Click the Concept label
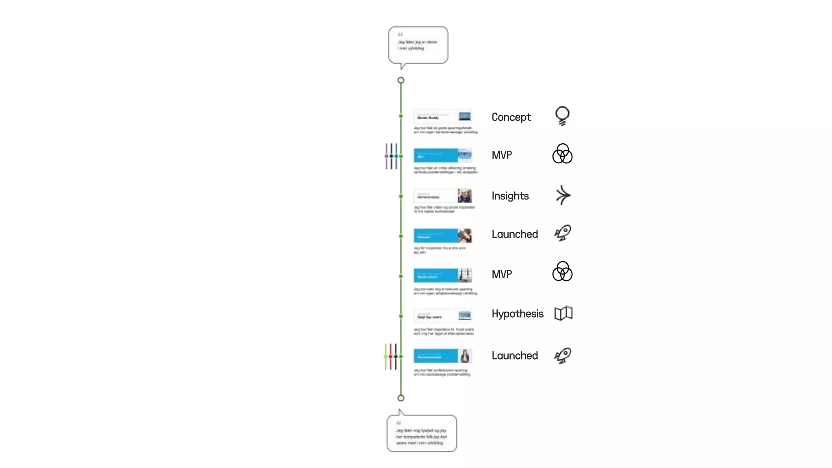511,117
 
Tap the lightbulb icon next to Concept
562,116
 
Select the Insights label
510,196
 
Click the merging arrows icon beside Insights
563,195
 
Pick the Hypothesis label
517,314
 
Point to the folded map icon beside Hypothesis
563,314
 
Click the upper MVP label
502,155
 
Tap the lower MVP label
502,274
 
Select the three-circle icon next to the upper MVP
562,154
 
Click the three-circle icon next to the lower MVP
562,272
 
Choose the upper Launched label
514,234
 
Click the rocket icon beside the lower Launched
563,355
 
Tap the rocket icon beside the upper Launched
563,233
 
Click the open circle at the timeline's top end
401,80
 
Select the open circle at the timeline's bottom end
401,398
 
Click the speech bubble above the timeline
418,45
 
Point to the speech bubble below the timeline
421,433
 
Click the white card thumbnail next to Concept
442,117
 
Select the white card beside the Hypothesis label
442,316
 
